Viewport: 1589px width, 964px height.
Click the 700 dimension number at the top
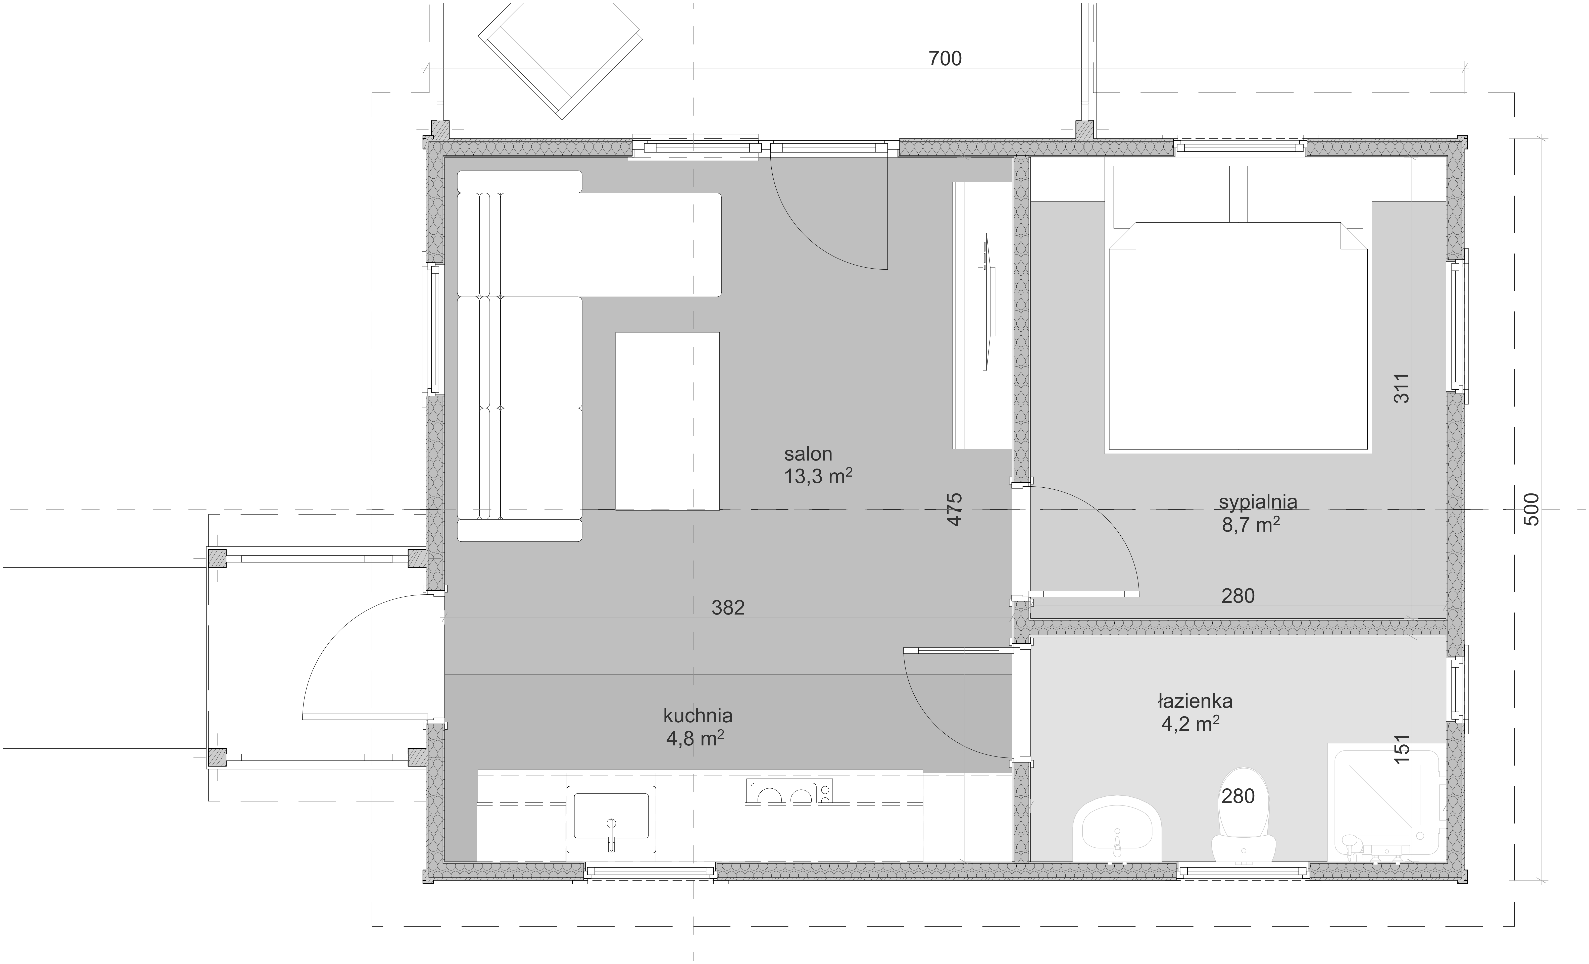coord(945,59)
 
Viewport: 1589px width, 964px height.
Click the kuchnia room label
coord(698,716)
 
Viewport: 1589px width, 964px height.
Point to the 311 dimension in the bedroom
coord(1401,388)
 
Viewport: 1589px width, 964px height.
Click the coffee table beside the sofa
coord(667,421)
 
